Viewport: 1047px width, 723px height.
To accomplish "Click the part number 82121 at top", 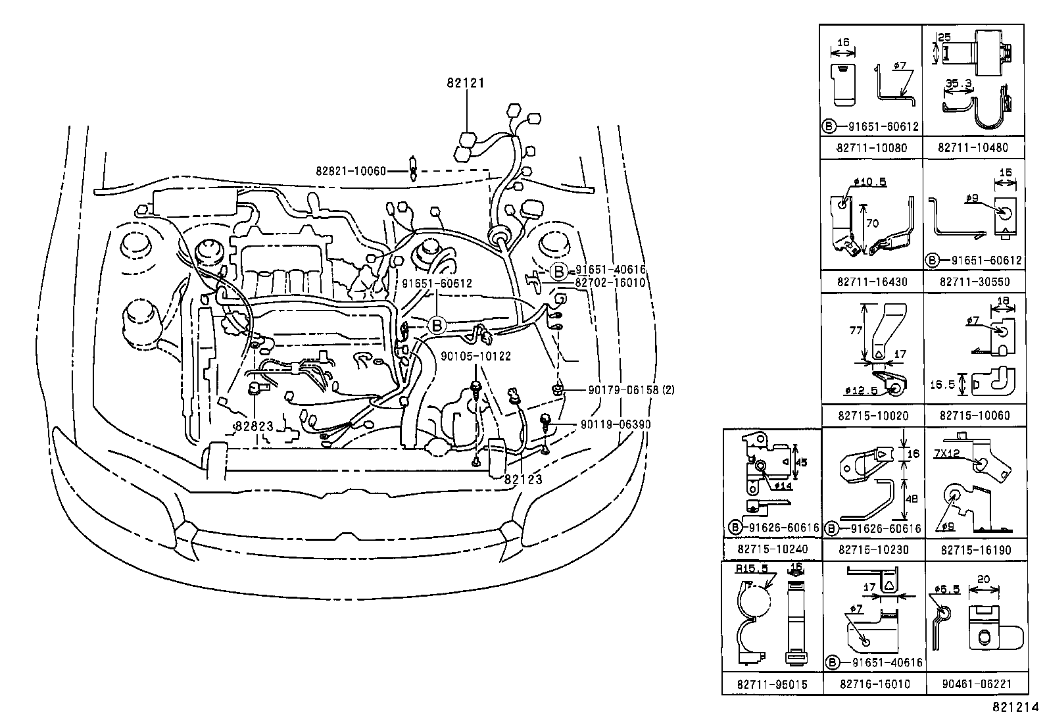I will [466, 83].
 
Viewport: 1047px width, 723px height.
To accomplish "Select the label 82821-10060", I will [351, 170].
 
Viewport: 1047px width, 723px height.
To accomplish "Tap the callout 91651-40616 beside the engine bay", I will [610, 270].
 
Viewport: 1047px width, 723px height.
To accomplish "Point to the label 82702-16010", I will [610, 282].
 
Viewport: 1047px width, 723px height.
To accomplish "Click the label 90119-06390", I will [616, 424].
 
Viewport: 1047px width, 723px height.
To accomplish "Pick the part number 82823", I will [254, 426].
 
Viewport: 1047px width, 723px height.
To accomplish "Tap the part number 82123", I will [523, 480].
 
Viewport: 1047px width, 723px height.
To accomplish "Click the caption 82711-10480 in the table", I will [973, 147].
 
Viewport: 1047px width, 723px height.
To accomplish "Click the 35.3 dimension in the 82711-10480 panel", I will [958, 84].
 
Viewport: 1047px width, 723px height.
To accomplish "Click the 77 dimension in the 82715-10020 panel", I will [855, 331].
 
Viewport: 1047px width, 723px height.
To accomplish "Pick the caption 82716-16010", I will [875, 684].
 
